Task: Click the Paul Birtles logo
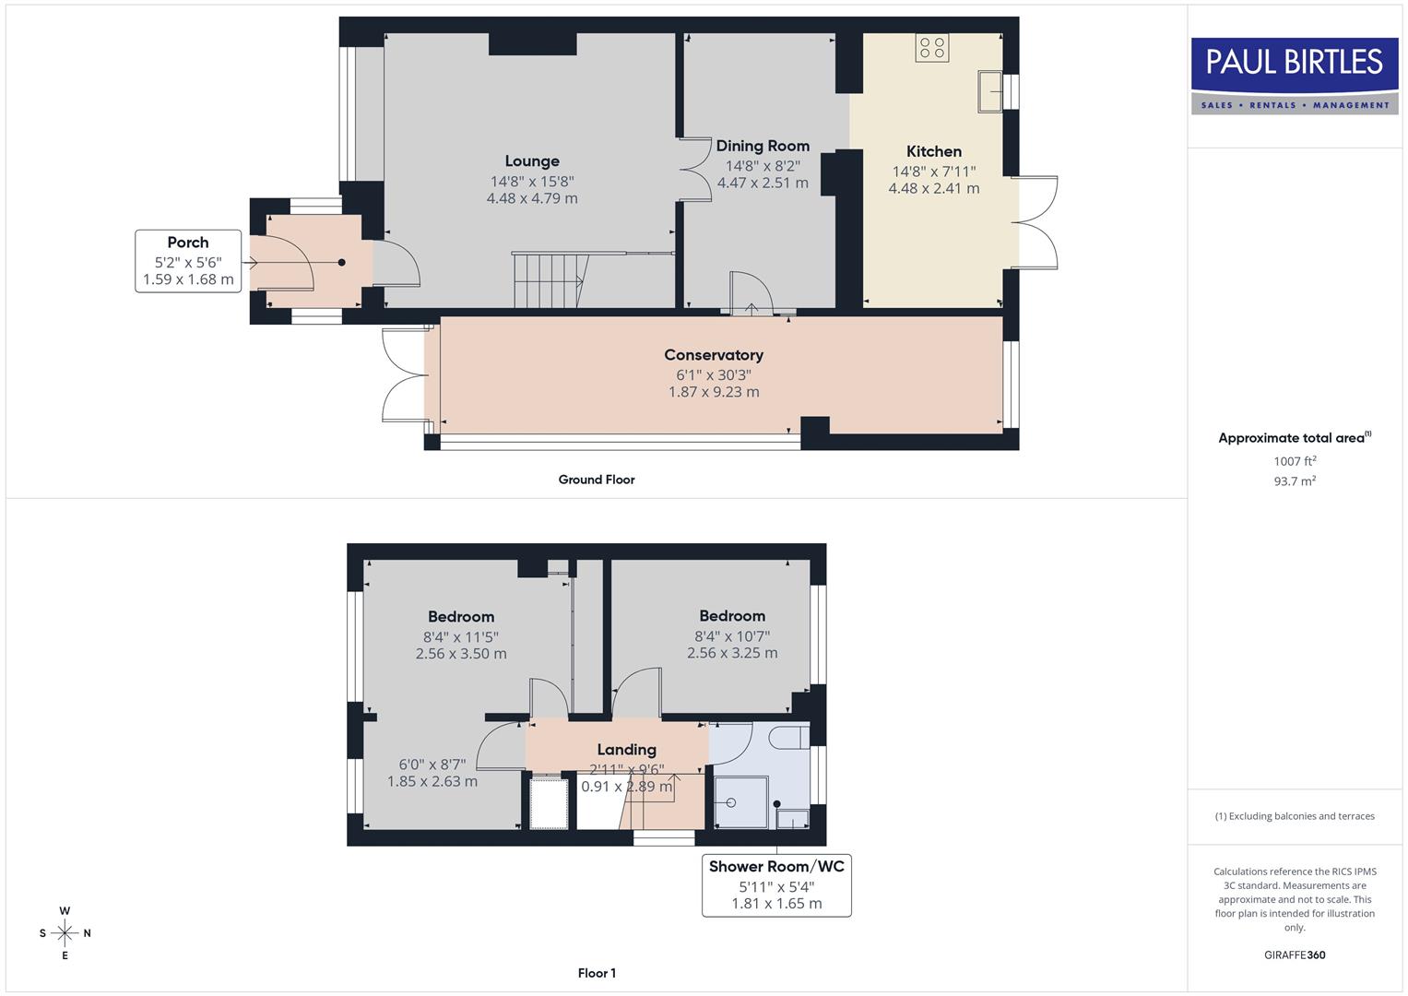coord(1294,75)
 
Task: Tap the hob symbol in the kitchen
coord(931,48)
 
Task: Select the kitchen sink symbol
coord(990,90)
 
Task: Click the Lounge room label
coord(532,161)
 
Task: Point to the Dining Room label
coord(763,146)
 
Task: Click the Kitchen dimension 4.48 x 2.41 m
coord(933,188)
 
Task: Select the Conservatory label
coord(714,355)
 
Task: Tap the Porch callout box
coord(188,261)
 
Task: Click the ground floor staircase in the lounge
coord(550,280)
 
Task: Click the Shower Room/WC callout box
coord(776,885)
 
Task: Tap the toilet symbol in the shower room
coord(788,739)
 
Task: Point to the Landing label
coord(626,750)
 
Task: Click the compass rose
coord(65,933)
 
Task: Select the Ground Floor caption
coord(597,480)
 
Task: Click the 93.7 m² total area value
coord(1294,481)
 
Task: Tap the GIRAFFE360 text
coord(1294,954)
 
